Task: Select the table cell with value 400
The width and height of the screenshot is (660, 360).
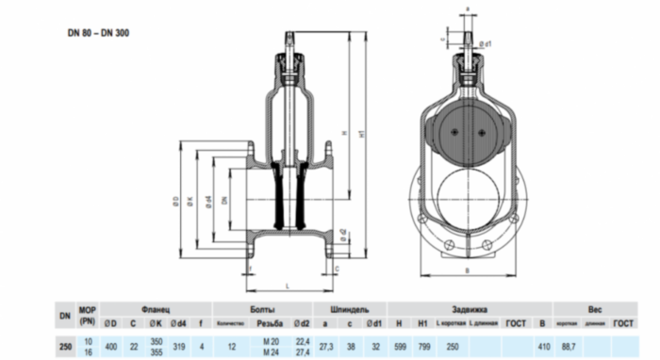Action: click(x=110, y=347)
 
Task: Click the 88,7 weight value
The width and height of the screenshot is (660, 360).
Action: click(x=568, y=347)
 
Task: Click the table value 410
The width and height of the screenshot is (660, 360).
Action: click(x=542, y=347)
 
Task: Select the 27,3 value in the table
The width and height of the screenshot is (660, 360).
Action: click(x=325, y=347)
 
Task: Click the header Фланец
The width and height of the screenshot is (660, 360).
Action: click(x=156, y=309)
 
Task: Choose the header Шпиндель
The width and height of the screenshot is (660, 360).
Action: click(x=350, y=309)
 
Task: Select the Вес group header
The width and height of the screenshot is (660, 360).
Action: click(x=594, y=309)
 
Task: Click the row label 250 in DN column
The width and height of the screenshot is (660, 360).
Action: click(x=63, y=347)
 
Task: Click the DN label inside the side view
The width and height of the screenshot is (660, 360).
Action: click(x=223, y=199)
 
